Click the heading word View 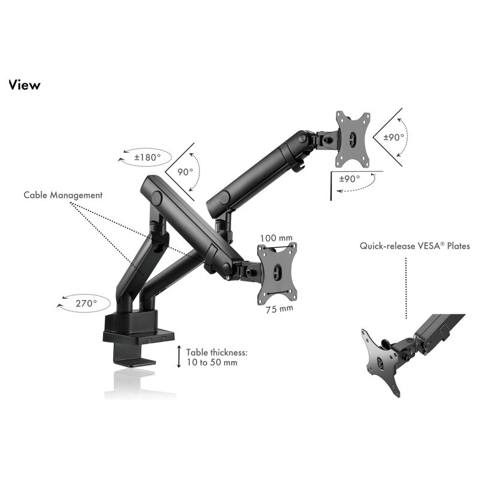click(25, 85)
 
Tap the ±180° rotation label click(147, 157)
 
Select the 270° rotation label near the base click(86, 304)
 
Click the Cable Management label click(63, 195)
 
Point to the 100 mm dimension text click(276, 238)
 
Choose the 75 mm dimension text click(279, 309)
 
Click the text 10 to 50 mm click(212, 363)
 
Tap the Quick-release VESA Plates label click(414, 246)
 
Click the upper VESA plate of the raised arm click(353, 140)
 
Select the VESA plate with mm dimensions click(277, 274)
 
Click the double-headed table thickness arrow click(179, 356)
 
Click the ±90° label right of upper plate click(394, 137)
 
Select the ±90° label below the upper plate click(350, 178)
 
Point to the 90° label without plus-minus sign click(185, 172)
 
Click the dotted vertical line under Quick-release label click(406, 288)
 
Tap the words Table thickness click(217, 353)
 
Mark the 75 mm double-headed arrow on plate click(278, 293)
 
